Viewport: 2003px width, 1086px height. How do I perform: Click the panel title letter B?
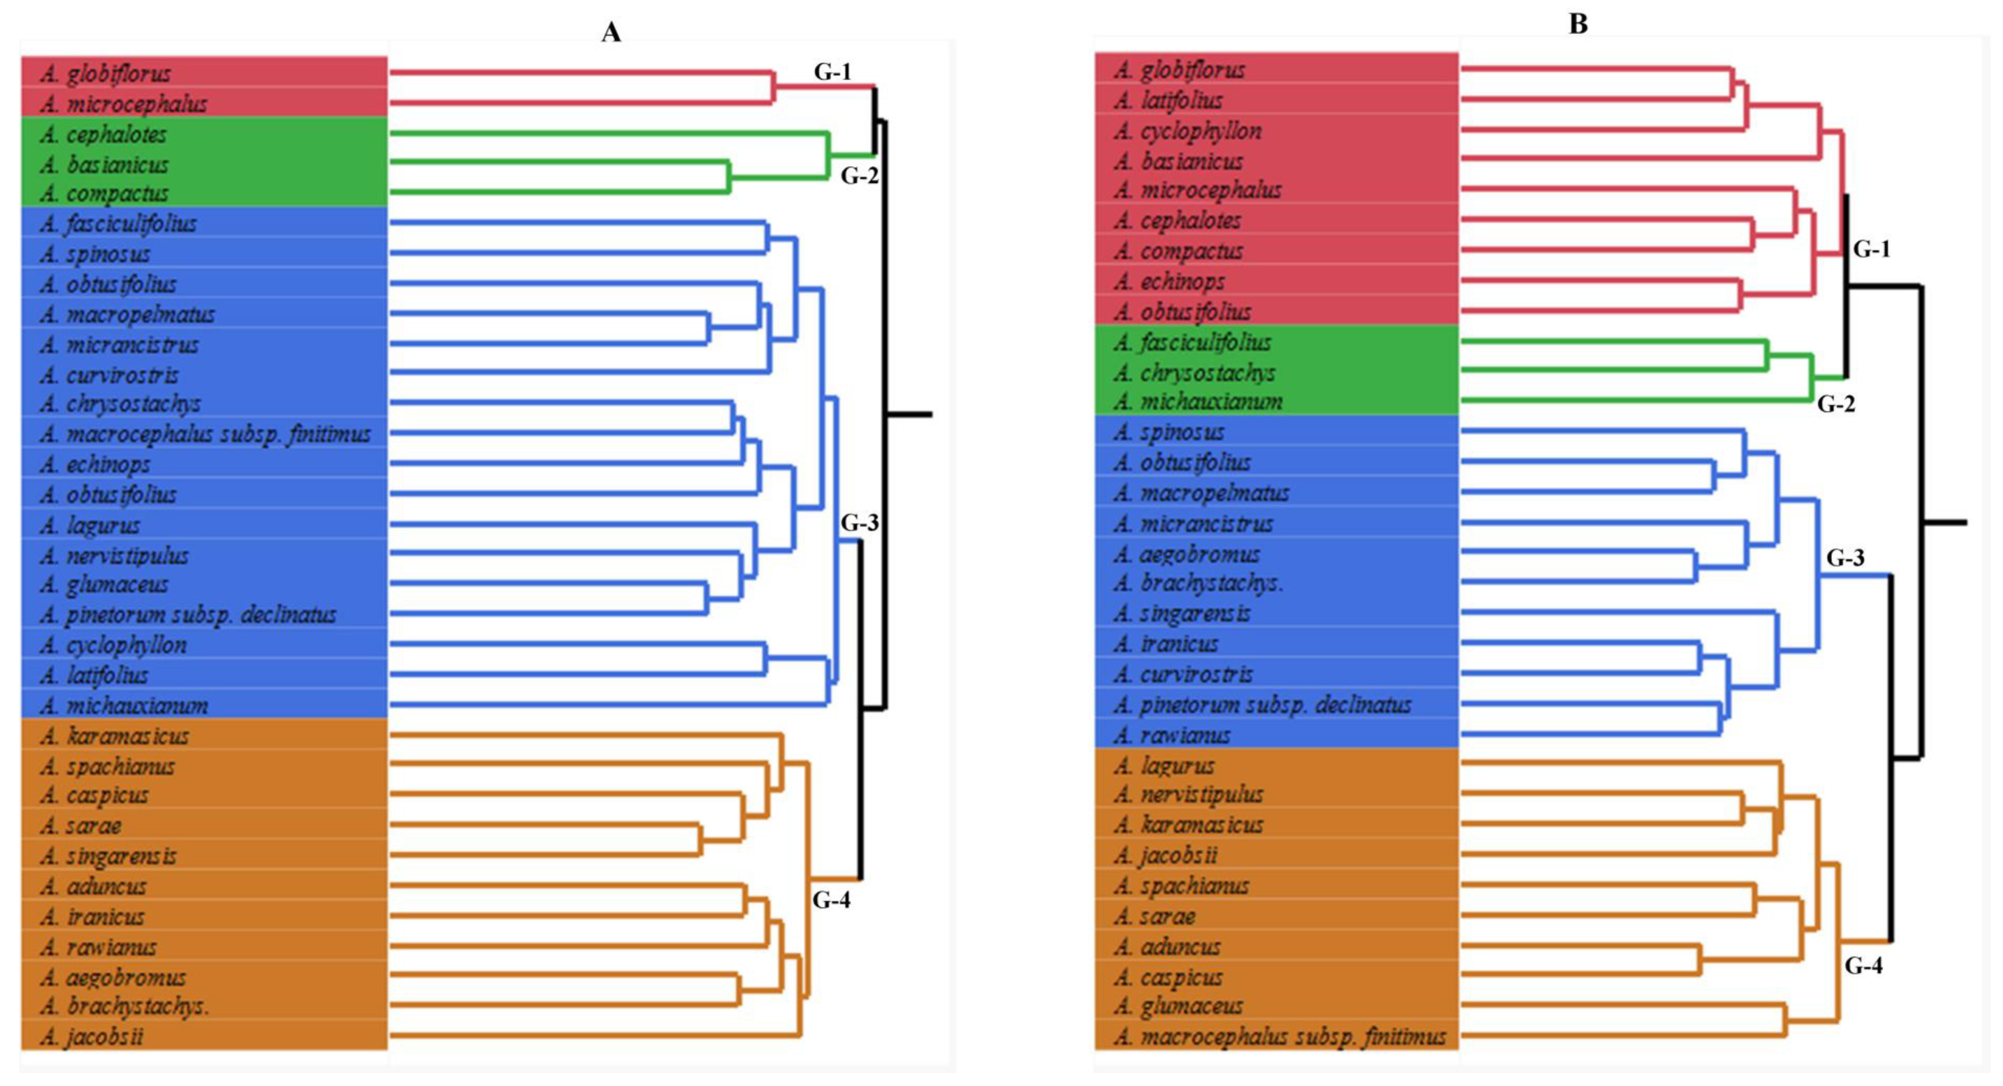(x=1578, y=24)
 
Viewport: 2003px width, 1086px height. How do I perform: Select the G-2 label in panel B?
(x=1835, y=404)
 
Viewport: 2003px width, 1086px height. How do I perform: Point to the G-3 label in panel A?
(x=859, y=523)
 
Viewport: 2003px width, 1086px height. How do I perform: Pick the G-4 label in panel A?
(x=831, y=900)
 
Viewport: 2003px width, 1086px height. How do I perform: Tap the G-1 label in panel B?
(x=1871, y=249)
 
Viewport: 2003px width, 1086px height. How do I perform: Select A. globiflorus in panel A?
(x=106, y=73)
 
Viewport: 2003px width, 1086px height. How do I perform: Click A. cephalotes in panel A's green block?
(x=104, y=134)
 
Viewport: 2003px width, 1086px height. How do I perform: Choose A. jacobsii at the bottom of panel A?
(x=92, y=1036)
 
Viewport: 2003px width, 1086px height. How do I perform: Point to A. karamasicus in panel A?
(x=114, y=735)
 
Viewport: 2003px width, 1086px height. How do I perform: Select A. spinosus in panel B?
(x=1169, y=432)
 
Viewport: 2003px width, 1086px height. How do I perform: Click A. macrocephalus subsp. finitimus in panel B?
(x=1279, y=1036)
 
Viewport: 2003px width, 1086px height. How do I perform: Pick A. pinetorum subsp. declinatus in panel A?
(x=188, y=614)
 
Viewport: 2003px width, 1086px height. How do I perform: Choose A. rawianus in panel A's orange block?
(x=99, y=947)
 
